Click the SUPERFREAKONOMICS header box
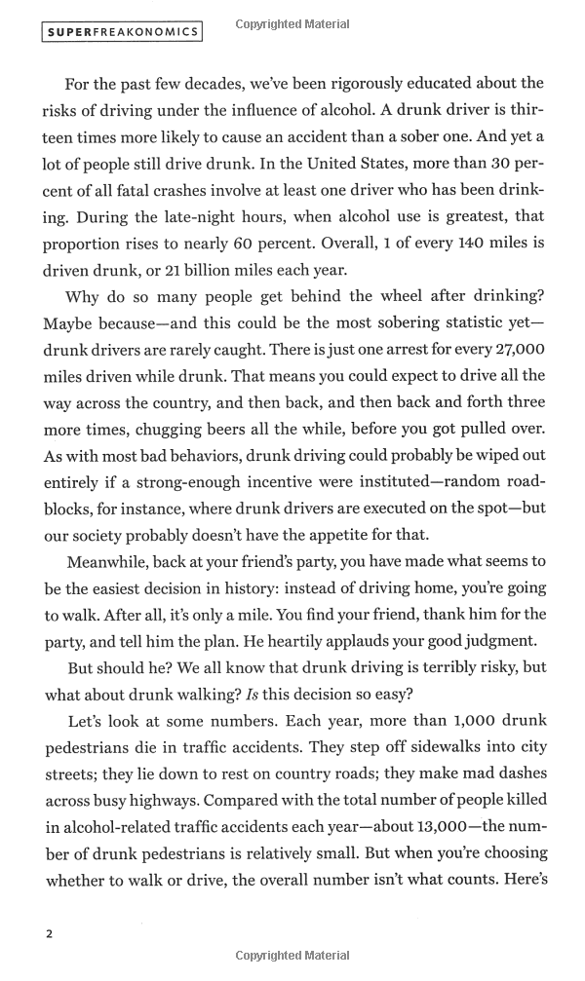[x=123, y=32]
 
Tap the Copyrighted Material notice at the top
[x=292, y=24]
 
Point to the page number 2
[x=49, y=933]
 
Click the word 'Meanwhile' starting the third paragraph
[x=105, y=562]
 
